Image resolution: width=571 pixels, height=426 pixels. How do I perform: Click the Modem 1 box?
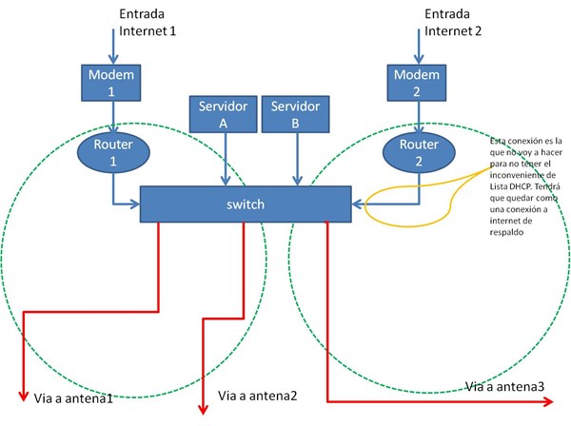111,83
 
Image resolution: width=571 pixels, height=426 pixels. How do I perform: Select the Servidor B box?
295,114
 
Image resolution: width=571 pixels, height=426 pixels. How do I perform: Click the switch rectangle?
245,204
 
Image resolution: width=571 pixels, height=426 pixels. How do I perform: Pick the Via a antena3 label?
505,386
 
